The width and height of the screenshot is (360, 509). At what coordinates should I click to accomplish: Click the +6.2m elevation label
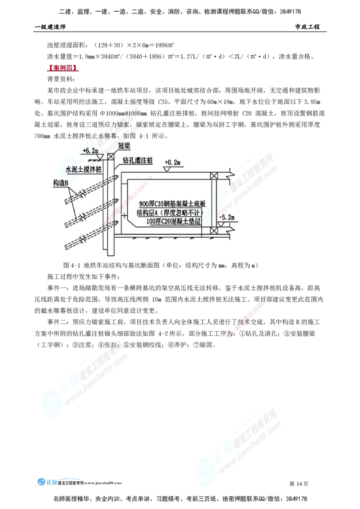90,150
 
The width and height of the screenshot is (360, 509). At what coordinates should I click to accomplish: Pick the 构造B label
60,183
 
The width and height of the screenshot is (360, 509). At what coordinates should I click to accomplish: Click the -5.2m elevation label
226,217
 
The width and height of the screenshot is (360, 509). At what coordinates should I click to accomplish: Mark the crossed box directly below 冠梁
110,156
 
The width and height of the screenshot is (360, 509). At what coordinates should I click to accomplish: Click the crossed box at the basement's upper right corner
214,175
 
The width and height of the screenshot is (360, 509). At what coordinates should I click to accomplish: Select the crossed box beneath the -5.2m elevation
214,231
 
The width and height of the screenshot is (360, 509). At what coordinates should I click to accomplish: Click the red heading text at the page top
62,69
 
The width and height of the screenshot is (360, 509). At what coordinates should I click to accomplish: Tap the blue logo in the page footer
42,482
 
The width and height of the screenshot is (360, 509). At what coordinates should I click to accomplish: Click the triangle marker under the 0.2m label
167,169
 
